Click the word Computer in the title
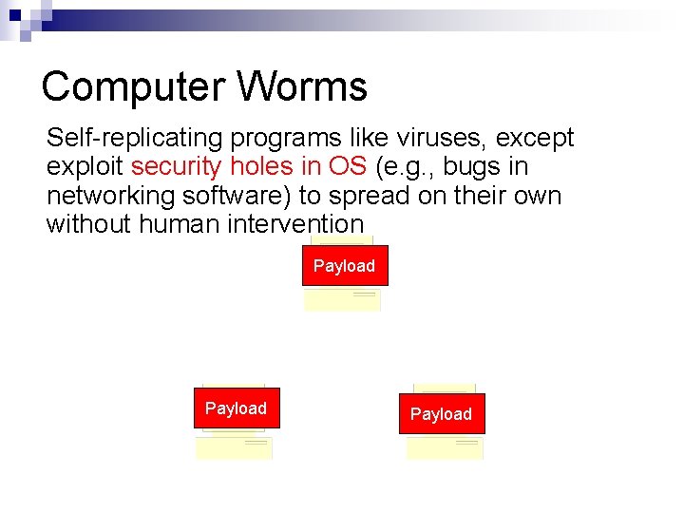(133, 87)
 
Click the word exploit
(85, 167)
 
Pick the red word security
(173, 167)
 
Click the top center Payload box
(344, 266)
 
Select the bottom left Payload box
(236, 408)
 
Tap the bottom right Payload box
(441, 414)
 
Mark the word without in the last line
(88, 225)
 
